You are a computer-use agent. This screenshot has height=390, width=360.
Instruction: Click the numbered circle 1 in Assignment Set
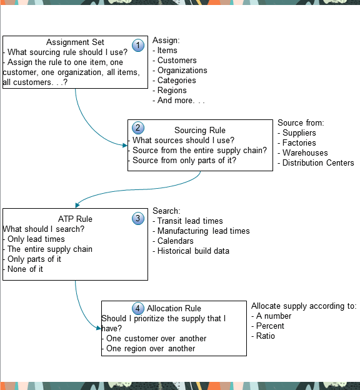tap(139, 45)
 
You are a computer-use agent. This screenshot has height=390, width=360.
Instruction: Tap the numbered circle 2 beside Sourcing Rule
tap(139, 128)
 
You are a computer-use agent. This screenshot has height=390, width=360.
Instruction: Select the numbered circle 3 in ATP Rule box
tap(138, 218)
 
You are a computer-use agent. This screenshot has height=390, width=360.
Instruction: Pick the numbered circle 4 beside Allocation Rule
tap(138, 308)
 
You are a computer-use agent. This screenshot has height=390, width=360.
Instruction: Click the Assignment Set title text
tap(76, 42)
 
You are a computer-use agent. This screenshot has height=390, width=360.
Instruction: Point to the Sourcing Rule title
tap(199, 130)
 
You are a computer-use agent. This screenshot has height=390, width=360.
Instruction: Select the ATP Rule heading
tap(75, 219)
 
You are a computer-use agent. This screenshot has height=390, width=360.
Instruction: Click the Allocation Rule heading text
tap(174, 308)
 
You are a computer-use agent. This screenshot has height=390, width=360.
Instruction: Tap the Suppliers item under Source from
tap(299, 133)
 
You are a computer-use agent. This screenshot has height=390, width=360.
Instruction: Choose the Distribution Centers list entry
tap(317, 163)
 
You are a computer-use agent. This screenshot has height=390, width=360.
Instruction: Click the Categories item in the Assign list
tap(176, 81)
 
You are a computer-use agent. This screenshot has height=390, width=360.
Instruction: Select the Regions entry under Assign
tap(172, 91)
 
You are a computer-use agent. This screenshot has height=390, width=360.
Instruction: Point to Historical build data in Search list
tap(193, 251)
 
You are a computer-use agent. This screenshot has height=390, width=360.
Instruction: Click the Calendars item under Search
tap(175, 241)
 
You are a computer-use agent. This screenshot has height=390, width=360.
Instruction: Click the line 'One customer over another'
tap(156, 339)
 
